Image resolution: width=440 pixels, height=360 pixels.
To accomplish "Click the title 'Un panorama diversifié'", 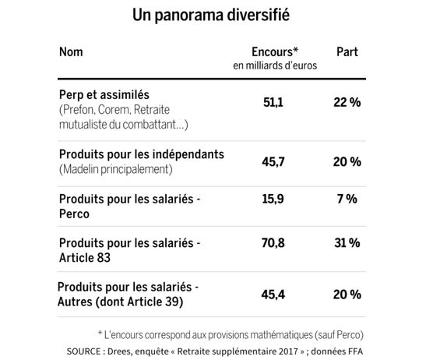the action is pos(211,15).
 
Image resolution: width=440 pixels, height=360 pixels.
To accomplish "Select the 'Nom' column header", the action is pos(71,52).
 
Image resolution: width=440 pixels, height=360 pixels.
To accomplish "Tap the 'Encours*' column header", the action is pos(275,52).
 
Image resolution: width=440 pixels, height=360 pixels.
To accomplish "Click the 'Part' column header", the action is pos(347,52).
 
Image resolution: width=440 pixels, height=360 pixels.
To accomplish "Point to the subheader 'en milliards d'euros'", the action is pos(275,65).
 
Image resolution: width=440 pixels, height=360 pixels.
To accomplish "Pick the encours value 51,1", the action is pos(273,102).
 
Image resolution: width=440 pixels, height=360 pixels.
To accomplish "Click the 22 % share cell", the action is pos(347,102).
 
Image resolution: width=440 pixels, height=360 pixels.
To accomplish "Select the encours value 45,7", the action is pos(273,162).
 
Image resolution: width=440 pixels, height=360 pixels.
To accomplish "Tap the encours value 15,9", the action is pos(273,199).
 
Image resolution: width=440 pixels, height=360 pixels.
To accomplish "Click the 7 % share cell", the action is pos(347,199).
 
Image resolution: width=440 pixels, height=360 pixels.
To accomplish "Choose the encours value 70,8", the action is pos(273,243).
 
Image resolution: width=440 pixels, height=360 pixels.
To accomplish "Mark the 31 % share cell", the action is pos(347,243).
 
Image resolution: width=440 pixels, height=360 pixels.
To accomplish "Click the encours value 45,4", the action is pos(273,295).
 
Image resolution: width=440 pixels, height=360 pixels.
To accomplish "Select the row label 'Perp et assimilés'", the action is pos(104,95).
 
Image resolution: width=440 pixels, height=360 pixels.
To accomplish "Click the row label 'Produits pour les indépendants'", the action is pos(142,154).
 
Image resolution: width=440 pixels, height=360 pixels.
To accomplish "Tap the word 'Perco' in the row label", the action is pos(74,214).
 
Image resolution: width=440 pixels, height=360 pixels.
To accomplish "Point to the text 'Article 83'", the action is pos(85,258).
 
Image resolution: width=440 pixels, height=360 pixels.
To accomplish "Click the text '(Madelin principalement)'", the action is pos(116,169).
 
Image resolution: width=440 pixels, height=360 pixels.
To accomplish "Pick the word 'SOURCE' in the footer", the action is pos(83,351).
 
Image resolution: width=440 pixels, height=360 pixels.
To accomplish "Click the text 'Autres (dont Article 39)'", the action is pos(121,302).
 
